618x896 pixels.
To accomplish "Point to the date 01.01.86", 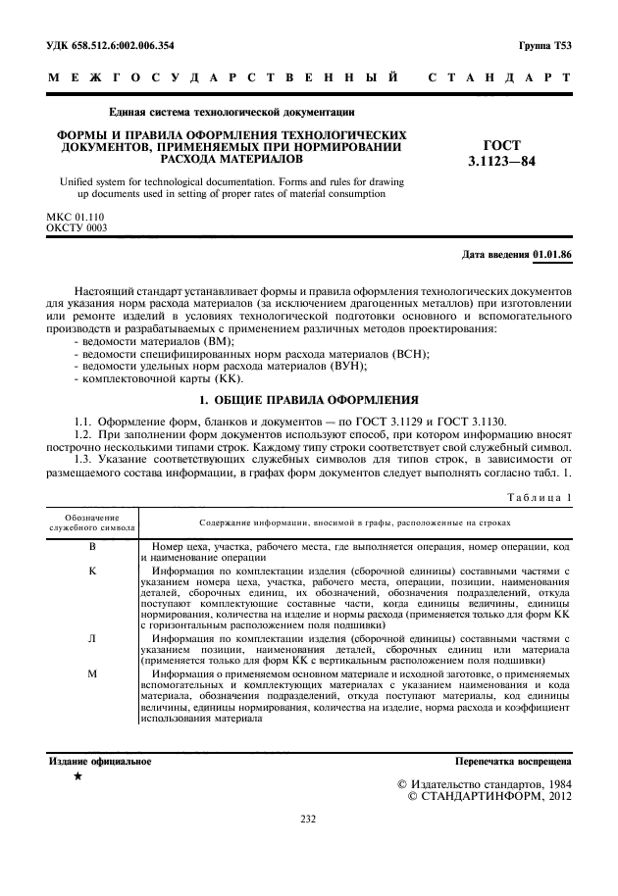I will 553,255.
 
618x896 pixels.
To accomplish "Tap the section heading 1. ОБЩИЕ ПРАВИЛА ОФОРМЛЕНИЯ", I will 309,400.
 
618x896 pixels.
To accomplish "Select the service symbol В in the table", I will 92,544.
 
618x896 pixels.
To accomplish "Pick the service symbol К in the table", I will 92,569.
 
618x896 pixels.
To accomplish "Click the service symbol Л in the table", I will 92,638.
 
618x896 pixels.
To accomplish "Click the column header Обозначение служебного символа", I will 92,521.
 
